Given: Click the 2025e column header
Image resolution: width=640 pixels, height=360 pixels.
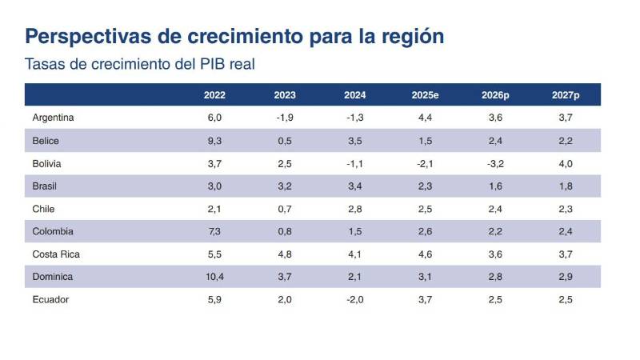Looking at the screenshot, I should pyautogui.click(x=426, y=94).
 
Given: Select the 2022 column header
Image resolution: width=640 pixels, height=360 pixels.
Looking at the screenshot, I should pyautogui.click(x=214, y=94).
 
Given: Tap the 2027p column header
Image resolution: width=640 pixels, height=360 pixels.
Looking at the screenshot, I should pyautogui.click(x=566, y=94).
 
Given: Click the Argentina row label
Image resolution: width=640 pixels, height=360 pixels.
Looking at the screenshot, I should pyautogui.click(x=54, y=118).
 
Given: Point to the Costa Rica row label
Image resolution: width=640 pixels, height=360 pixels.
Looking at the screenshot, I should pyautogui.click(x=56, y=254).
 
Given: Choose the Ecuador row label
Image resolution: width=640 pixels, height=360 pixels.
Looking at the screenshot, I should pyautogui.click(x=51, y=300).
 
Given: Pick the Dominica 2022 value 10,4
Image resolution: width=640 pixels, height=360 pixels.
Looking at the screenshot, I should pyautogui.click(x=214, y=277).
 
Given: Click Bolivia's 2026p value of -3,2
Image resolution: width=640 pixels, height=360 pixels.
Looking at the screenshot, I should pyautogui.click(x=495, y=163).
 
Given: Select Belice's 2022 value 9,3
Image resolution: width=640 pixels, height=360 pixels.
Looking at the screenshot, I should pyautogui.click(x=214, y=141).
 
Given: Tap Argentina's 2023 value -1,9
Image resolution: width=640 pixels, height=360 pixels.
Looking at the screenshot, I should pyautogui.click(x=285, y=118).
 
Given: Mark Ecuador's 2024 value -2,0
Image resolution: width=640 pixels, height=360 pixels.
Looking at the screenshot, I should pyautogui.click(x=355, y=300).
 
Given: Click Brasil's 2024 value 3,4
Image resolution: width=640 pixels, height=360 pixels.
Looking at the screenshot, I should pyautogui.click(x=355, y=186).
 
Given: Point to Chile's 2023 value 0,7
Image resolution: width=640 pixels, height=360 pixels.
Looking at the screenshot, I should pyautogui.click(x=285, y=209).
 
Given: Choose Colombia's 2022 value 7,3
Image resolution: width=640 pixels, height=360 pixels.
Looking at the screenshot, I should pyautogui.click(x=214, y=232).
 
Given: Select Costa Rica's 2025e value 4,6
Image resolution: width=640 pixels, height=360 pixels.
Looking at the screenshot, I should pyautogui.click(x=426, y=254).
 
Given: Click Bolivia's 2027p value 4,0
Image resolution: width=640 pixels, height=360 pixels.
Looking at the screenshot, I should pyautogui.click(x=566, y=163).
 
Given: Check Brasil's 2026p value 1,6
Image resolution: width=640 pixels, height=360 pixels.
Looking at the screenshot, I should pyautogui.click(x=495, y=186).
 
